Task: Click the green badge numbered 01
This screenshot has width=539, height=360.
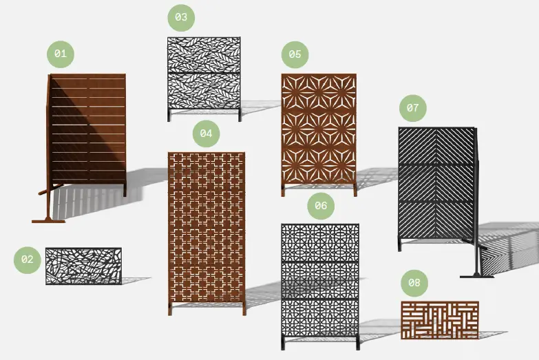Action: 60,54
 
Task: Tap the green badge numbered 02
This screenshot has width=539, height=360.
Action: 28,260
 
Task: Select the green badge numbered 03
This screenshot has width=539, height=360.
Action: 181,18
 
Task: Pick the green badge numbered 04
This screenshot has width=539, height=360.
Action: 206,134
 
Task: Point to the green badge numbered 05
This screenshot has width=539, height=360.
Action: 295,54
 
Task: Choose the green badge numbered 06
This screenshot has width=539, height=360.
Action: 321,205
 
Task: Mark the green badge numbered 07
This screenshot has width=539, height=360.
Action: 412,108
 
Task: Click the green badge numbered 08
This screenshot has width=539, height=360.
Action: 414,282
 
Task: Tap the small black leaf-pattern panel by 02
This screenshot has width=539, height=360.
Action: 83,266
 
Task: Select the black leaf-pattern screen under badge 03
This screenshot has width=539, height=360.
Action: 204,72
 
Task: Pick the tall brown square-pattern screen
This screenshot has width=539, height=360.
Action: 207,227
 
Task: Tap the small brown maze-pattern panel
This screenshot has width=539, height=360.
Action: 439,320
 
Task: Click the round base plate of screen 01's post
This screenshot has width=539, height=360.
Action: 48,221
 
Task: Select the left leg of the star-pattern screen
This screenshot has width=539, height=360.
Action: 284,191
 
